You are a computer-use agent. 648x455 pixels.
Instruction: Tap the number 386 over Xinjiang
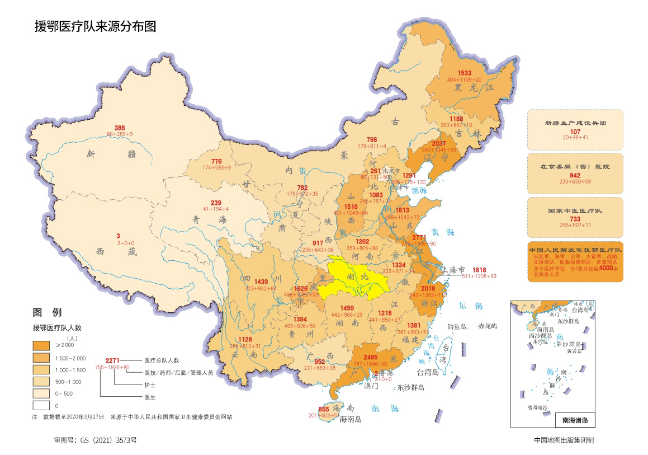[120, 128]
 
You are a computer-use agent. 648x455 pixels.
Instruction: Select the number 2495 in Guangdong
[371, 357]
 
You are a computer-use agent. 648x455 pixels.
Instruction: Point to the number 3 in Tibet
[118, 236]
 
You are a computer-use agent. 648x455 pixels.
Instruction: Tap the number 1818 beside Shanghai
[479, 270]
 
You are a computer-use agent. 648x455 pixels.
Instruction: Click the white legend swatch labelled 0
[42, 405]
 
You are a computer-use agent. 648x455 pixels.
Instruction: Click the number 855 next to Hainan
[324, 409]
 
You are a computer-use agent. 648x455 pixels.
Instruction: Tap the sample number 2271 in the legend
[113, 360]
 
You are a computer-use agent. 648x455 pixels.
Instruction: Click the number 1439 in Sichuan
[262, 282]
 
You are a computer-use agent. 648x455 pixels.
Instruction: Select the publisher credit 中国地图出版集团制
[564, 440]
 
